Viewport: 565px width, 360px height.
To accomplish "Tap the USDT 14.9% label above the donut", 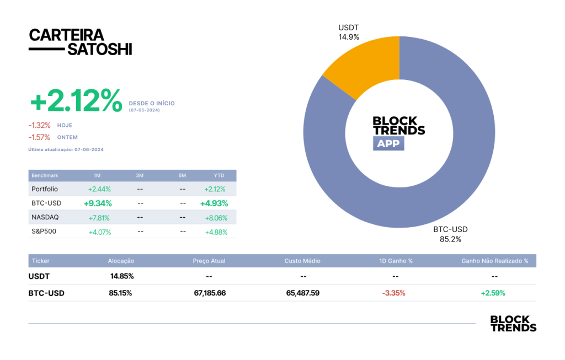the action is click(349, 33).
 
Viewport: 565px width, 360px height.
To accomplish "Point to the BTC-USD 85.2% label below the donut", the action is click(450, 234).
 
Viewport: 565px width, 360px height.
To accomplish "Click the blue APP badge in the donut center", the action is click(388, 143).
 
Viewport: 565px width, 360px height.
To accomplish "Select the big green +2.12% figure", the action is click(76, 100).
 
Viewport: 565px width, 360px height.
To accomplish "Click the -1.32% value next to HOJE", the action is click(40, 125).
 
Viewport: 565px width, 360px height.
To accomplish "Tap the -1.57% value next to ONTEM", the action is click(39, 137).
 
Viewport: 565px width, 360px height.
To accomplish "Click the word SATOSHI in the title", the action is click(100, 49).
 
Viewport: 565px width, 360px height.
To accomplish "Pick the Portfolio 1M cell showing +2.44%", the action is click(99, 189).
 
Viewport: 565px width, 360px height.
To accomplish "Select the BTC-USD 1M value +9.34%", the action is click(98, 203).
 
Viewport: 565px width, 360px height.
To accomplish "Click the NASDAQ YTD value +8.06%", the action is click(216, 218).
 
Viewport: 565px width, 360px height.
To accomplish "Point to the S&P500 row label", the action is click(44, 232).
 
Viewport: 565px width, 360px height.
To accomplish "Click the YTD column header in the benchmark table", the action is click(219, 176).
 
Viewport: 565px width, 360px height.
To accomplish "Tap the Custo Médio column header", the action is click(302, 261).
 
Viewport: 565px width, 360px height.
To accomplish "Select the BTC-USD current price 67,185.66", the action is click(210, 293).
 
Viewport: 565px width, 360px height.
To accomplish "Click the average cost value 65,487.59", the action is click(303, 293).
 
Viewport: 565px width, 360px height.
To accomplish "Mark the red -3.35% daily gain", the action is click(394, 293).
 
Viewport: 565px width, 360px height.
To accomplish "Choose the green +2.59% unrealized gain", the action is click(493, 293).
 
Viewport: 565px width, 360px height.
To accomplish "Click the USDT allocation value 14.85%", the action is click(122, 276).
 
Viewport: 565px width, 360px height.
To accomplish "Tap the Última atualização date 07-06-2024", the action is click(89, 149).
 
